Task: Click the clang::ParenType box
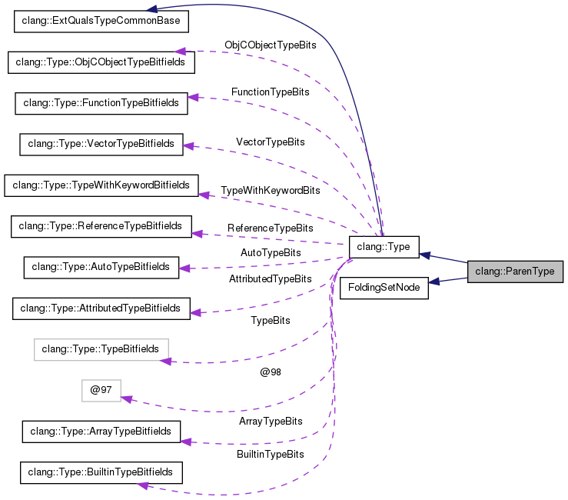[x=515, y=272]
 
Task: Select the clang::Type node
[x=384, y=247]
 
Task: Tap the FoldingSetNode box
[x=384, y=288]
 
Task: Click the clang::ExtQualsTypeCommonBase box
[x=101, y=22]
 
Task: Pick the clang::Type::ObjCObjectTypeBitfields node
[x=101, y=62]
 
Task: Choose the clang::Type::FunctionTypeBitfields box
[x=101, y=103]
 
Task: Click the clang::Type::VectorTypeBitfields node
[x=101, y=145]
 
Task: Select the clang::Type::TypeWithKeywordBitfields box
[x=101, y=185]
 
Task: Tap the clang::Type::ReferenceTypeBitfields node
[x=101, y=227]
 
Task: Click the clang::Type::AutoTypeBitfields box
[x=101, y=268]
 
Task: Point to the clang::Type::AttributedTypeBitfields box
[x=101, y=308]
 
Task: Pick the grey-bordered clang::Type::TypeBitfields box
[x=101, y=349]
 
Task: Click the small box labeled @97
[x=101, y=391]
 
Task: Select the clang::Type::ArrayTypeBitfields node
[x=101, y=432]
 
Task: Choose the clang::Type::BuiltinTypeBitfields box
[x=101, y=472]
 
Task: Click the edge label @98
[x=271, y=372]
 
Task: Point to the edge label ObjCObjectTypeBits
[x=271, y=45]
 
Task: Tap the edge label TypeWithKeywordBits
[x=271, y=191]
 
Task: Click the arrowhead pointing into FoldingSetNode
[x=434, y=281]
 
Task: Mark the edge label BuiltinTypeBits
[x=271, y=455]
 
